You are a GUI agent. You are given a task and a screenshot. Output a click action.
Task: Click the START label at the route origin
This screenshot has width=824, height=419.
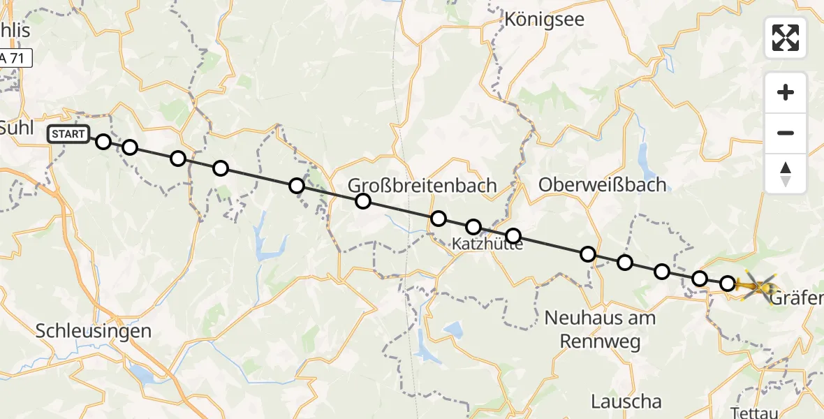coord(68,134)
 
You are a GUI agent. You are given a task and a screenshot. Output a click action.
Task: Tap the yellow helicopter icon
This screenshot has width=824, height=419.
coord(758,285)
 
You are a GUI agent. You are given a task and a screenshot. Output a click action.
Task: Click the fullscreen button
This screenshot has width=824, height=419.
coord(786,38)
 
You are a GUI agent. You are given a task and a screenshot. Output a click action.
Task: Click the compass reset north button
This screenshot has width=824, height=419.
coord(786,174)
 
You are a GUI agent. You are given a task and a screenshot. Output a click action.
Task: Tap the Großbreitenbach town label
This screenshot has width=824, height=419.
coord(422,186)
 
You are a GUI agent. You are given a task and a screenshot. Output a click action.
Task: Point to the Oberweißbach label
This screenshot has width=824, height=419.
coord(603,184)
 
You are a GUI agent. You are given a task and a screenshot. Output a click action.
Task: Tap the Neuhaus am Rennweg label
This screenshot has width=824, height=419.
coord(600,330)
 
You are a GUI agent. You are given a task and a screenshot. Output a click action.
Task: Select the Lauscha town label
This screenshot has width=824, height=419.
coord(626,402)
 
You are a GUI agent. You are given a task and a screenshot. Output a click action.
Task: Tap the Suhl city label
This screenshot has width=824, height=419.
coord(12,128)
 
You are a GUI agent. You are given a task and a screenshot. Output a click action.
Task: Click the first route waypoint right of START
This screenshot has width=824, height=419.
coord(103,142)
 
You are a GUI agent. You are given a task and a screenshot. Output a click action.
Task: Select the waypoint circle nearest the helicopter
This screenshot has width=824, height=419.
coord(728,284)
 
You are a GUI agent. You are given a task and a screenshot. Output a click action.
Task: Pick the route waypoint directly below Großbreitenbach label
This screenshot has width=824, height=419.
coord(362,202)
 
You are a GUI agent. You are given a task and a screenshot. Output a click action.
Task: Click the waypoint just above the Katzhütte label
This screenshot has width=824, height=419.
coord(473,227)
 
